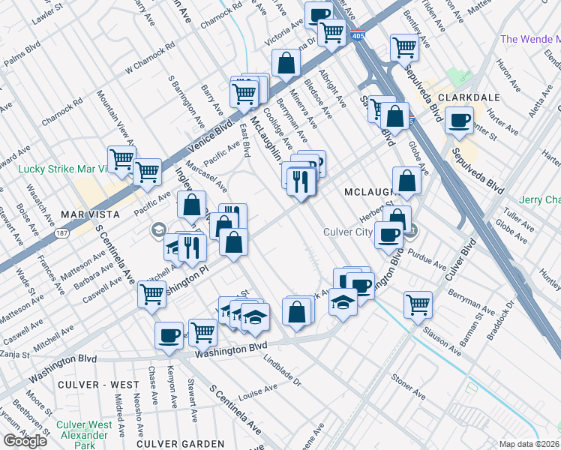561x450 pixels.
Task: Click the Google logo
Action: pos(25,440)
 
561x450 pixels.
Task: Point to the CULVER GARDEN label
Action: pos(170,443)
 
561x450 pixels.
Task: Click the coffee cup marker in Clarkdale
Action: pos(459,120)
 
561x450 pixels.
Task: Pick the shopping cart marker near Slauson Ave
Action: pos(418,304)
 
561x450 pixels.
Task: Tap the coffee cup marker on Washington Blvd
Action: pos(169,334)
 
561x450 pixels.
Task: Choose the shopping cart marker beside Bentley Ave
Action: pos(404,46)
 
